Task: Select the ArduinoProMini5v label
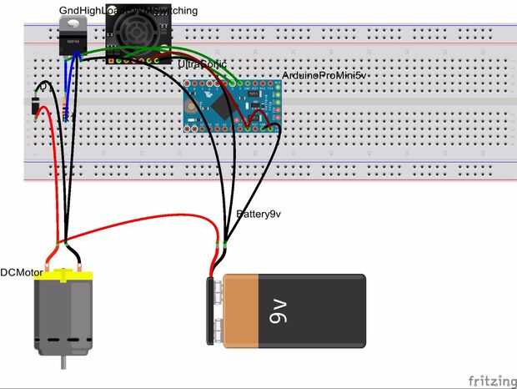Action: click(x=324, y=75)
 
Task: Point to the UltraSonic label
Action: click(x=202, y=64)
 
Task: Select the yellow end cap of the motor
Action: click(x=63, y=276)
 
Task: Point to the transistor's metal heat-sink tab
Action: click(x=74, y=23)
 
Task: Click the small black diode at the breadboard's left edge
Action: click(x=35, y=106)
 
